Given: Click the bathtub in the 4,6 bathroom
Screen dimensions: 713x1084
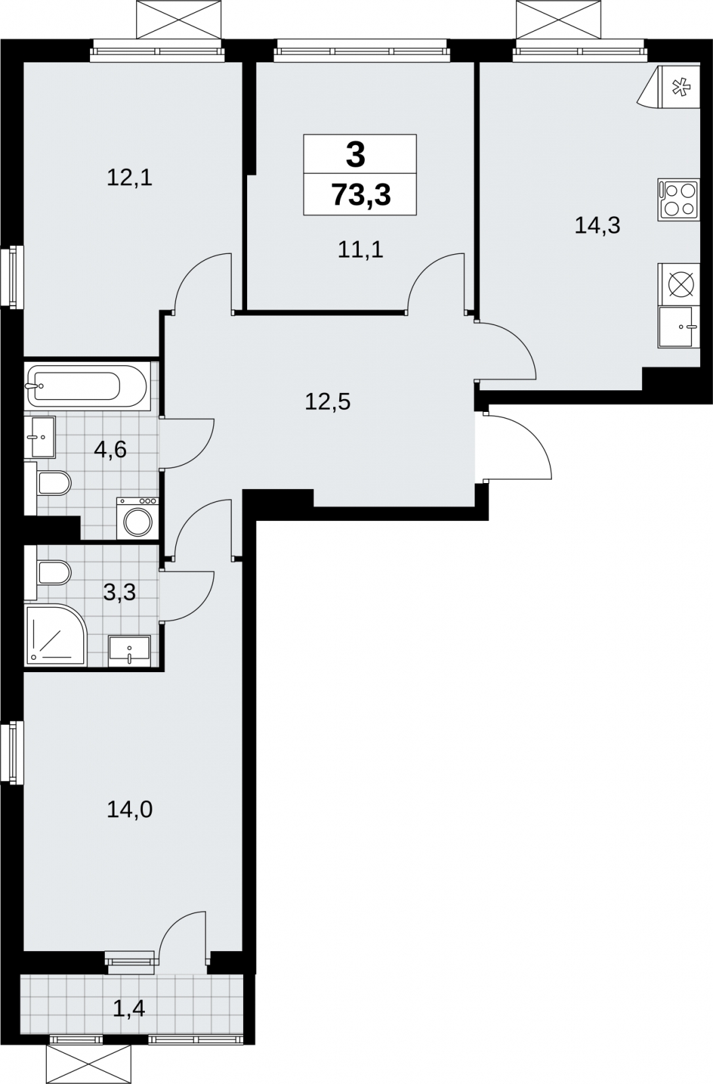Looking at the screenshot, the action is (x=87, y=386).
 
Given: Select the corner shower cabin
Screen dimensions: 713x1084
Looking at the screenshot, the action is (x=56, y=635).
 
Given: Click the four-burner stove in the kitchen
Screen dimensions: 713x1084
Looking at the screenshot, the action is (x=678, y=200).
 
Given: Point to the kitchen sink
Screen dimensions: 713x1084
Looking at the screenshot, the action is (x=678, y=327).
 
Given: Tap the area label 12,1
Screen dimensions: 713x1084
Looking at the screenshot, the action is (x=129, y=178).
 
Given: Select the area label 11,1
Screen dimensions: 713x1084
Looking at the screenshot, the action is (x=360, y=250).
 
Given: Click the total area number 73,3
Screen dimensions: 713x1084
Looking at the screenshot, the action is (x=361, y=196).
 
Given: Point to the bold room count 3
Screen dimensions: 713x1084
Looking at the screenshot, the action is (x=355, y=155).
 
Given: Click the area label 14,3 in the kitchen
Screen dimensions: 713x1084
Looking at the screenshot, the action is (x=597, y=226).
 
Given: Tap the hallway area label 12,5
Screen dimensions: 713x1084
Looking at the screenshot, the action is (x=328, y=402).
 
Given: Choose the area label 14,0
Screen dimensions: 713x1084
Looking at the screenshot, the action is (x=129, y=809).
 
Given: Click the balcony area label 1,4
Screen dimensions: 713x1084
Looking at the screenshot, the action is (x=129, y=1009).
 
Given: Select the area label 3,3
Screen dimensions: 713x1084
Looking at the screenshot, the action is (x=119, y=591).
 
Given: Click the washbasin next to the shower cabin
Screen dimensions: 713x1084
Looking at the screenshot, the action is (x=129, y=651).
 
